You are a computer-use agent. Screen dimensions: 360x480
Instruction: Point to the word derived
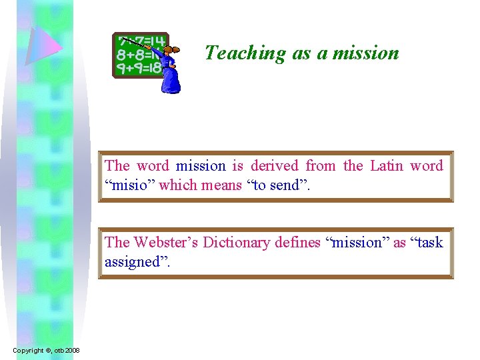click(x=275, y=165)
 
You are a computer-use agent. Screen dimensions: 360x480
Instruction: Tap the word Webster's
click(x=167, y=242)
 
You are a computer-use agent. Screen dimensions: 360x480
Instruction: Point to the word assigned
click(x=136, y=261)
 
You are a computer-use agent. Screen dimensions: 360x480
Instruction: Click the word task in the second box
click(x=428, y=242)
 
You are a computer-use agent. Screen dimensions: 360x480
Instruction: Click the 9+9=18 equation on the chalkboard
click(x=138, y=67)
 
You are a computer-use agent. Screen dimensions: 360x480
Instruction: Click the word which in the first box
click(x=178, y=185)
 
